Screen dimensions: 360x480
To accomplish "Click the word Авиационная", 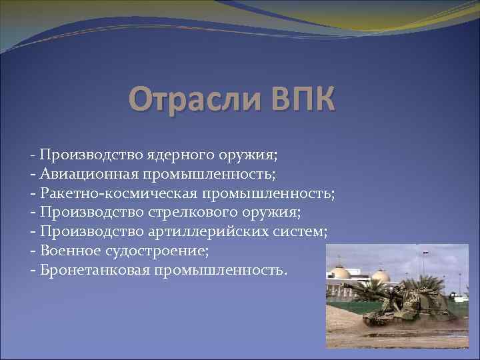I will pyautogui.click(x=88, y=175).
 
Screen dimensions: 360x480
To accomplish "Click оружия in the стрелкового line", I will pyautogui.click(x=275, y=213).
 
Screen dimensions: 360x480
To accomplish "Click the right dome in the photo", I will pyautogui.click(x=381, y=275).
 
